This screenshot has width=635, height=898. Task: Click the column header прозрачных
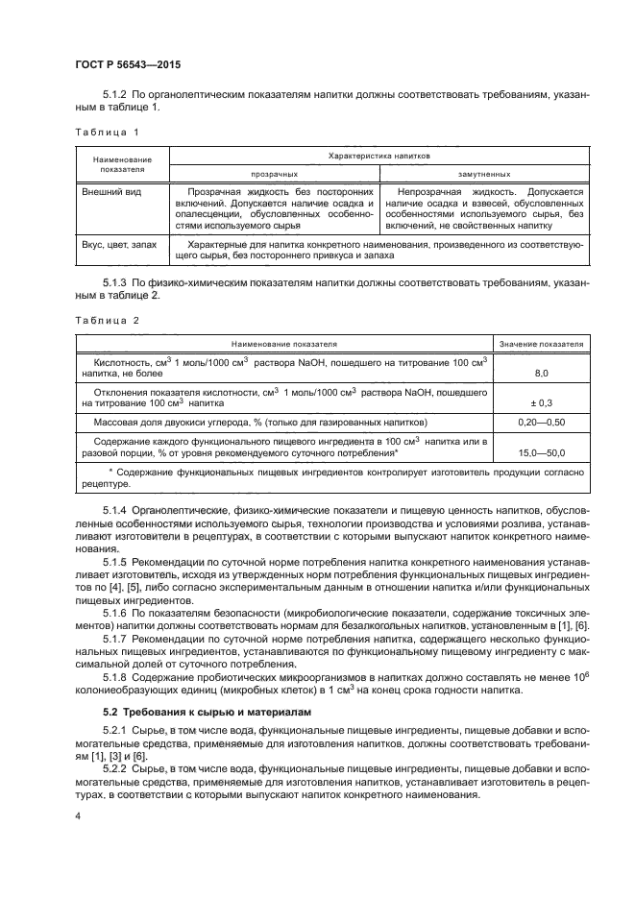274,174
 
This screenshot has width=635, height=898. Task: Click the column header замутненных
483,174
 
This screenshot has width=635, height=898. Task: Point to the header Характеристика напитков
379,154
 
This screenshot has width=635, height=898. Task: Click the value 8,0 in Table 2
541,373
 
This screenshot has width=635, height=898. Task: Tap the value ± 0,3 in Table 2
541,403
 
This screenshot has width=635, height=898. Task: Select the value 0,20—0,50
541,423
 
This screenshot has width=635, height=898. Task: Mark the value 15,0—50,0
541,451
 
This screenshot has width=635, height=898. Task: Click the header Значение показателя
541,343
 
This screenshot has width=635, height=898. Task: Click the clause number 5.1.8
116,678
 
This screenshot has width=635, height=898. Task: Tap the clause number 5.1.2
116,96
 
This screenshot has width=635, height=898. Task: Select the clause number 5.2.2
116,769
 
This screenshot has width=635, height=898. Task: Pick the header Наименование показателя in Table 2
282,343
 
